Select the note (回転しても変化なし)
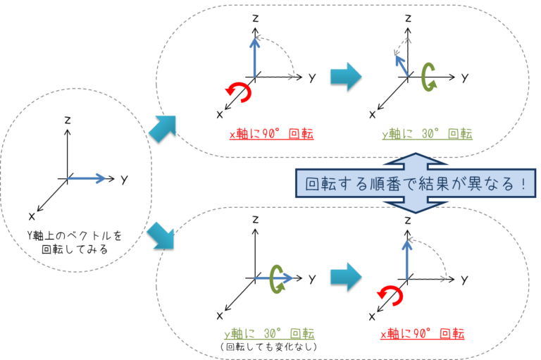[268, 347]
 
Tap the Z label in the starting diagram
[67, 120]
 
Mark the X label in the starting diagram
[32, 215]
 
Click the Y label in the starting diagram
[123, 180]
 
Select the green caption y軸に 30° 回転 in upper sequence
[427, 133]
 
